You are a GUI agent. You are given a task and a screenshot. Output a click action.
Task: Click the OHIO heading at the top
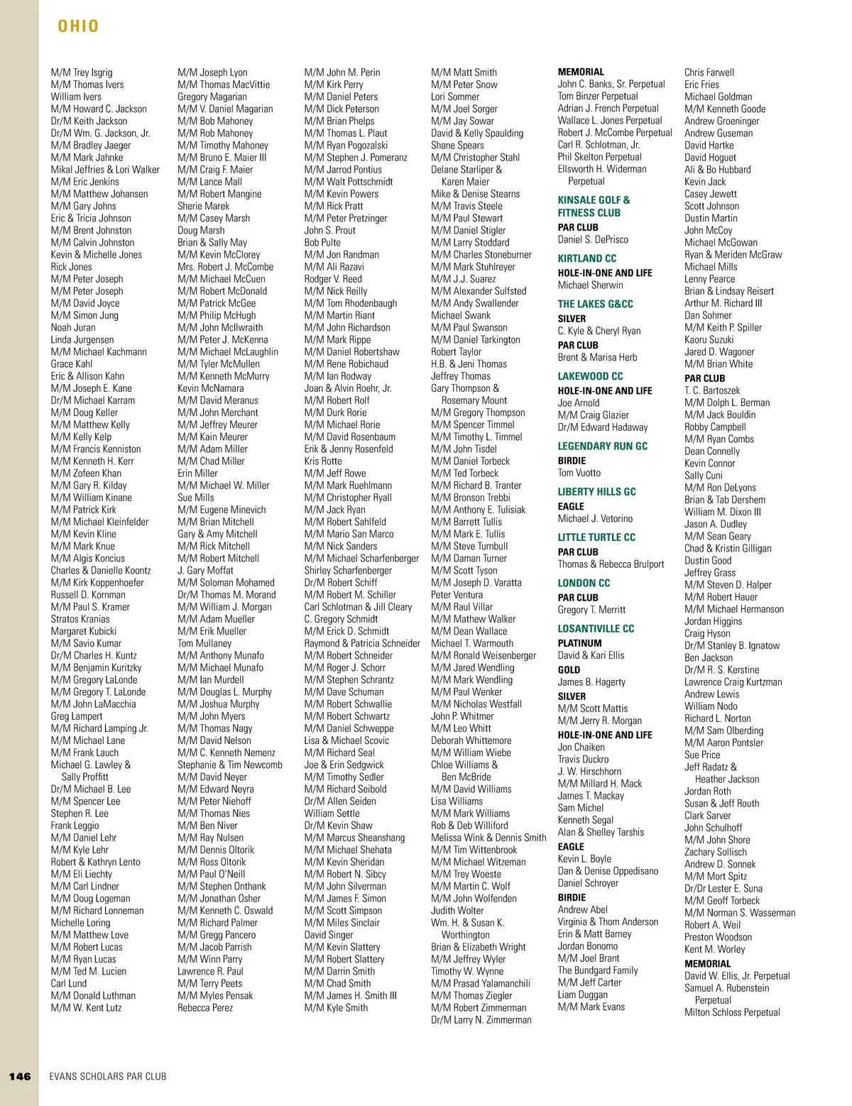point(78,26)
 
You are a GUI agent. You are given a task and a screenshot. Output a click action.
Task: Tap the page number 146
point(20,1076)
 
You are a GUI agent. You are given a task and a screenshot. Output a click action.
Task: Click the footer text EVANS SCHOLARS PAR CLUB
point(108,1076)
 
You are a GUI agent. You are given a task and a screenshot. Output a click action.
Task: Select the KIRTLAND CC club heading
point(586,258)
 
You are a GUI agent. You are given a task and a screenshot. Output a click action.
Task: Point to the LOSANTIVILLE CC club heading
point(596,629)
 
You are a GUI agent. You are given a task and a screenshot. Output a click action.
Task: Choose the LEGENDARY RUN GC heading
point(602,446)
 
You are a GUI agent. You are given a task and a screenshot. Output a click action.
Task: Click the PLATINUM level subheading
point(579,643)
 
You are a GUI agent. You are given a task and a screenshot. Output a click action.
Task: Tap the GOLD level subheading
point(569,669)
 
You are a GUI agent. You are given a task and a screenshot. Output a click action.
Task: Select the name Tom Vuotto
point(579,473)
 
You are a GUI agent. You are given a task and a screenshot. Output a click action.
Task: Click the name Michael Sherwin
point(590,285)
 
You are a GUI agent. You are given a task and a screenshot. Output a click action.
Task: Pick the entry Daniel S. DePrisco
point(593,240)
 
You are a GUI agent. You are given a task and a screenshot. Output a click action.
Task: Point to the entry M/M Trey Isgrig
point(82,72)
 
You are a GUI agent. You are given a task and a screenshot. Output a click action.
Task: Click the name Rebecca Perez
point(205,1007)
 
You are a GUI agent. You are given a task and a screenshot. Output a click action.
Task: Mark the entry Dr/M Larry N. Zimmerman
point(481,1019)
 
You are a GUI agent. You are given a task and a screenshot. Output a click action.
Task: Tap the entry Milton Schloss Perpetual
point(732,1012)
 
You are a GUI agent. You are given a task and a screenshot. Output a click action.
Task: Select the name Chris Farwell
point(709,72)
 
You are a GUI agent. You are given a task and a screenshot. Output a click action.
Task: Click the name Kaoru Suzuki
point(709,339)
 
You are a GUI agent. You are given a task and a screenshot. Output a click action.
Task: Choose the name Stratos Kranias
point(80,619)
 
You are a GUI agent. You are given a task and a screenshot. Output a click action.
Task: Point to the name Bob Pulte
point(322,242)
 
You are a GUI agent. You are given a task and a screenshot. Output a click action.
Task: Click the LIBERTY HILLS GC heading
point(596,491)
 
